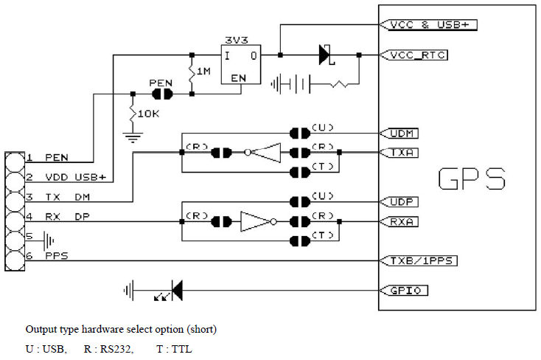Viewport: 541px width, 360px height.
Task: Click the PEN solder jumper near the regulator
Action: (161, 94)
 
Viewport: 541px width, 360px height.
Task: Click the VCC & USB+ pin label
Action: (430, 24)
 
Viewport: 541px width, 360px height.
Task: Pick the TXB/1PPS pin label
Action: (419, 260)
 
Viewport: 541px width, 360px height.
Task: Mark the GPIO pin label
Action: (404, 291)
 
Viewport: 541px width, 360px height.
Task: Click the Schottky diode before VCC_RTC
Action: (325, 55)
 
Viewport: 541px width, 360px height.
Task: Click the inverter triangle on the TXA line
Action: (267, 153)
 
